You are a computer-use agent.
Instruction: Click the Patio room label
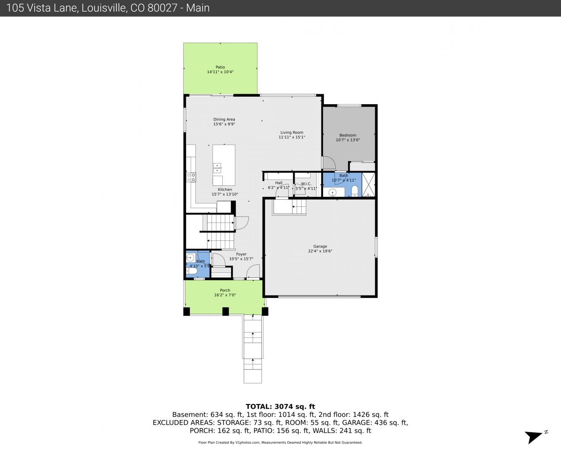pos(220,67)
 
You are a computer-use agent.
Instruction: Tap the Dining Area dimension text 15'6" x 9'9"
pos(224,124)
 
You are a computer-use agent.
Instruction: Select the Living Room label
pos(292,132)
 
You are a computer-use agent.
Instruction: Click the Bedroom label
pos(348,135)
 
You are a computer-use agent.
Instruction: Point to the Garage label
pos(320,246)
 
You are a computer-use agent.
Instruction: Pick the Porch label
pos(225,290)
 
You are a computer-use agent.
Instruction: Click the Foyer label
pos(241,254)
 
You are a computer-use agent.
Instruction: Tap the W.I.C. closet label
pos(306,184)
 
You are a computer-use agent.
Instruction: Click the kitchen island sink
pos(217,168)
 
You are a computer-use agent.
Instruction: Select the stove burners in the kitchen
pos(191,177)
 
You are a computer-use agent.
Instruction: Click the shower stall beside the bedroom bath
pos(369,185)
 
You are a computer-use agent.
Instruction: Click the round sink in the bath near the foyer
pos(190,257)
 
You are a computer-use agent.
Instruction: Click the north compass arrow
pos(533,437)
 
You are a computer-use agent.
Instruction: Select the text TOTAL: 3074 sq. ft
pos(280,406)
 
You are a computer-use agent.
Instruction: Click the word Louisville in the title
pos(104,8)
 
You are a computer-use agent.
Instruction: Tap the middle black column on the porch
pos(226,311)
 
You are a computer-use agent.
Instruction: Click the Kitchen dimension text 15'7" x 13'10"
pos(225,195)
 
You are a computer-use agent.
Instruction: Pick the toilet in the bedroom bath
pos(355,191)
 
